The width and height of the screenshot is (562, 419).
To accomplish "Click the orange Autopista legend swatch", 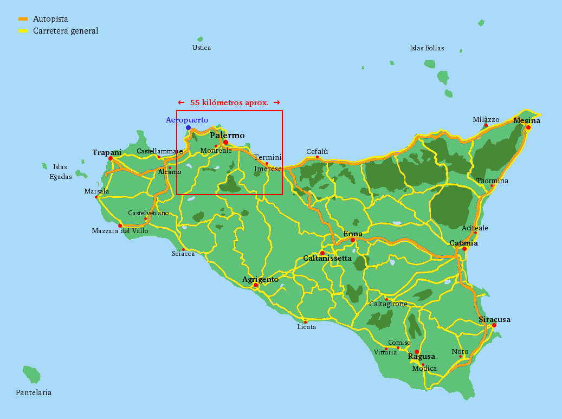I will [23, 19].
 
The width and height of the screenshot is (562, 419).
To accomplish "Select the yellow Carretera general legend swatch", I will [23, 31].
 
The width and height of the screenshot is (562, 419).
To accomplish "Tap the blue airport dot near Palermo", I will [188, 128].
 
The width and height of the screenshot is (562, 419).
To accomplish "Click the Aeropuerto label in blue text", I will [187, 120].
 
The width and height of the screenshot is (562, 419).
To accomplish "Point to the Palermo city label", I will [227, 136].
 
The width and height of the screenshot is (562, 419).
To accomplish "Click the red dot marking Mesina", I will [528, 127].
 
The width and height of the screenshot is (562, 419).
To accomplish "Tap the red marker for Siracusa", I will [494, 325].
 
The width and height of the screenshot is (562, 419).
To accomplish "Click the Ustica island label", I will [202, 48].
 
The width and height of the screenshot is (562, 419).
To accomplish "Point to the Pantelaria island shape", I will [32, 374].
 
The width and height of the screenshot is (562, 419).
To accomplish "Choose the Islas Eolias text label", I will [427, 48].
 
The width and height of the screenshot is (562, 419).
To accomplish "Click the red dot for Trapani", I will [111, 159].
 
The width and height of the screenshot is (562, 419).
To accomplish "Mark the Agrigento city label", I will [260, 280].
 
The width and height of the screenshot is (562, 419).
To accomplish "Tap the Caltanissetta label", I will [327, 259].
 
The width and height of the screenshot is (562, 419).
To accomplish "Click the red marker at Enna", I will [353, 240].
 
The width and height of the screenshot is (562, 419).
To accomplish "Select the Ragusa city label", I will [421, 357].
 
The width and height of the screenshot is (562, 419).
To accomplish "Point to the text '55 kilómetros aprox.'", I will [229, 102].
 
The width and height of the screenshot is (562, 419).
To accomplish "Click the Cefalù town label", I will [317, 152].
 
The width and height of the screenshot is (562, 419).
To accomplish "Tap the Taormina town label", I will [492, 181].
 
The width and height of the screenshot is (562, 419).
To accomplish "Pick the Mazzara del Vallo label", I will [120, 231].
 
